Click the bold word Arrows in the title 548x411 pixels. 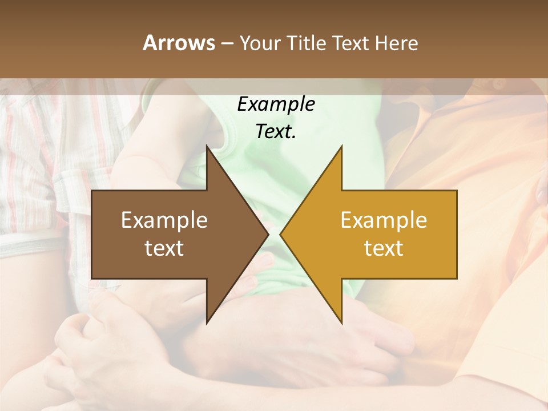178,43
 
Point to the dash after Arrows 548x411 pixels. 227,43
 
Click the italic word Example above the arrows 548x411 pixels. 276,104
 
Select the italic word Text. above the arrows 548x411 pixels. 276,132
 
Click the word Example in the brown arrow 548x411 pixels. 164,220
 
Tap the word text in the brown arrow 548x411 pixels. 164,248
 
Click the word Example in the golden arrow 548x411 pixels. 384,220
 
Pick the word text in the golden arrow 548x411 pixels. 384,248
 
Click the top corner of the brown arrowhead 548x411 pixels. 207,147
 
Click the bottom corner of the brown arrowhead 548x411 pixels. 207,322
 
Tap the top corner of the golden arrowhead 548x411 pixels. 341,147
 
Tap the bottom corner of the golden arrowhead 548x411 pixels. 341,322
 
